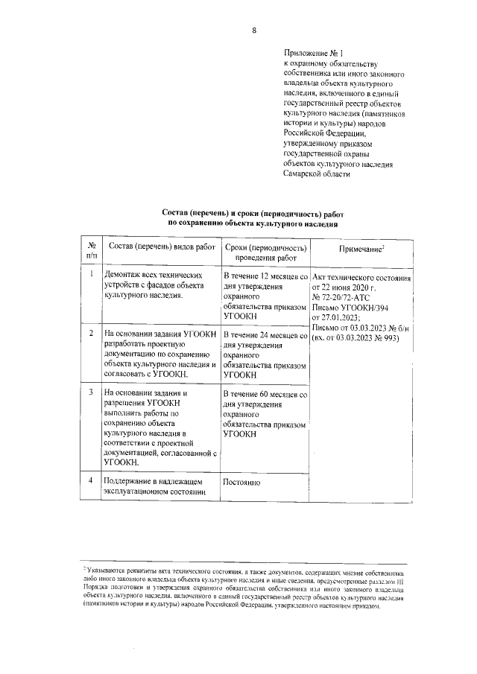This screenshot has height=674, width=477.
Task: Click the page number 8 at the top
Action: tap(253, 31)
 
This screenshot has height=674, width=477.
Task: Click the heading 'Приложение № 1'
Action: tap(314, 54)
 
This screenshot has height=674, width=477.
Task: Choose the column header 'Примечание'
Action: tap(361, 247)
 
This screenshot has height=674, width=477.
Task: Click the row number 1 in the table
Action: tap(90, 274)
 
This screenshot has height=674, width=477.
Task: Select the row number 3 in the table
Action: tap(90, 392)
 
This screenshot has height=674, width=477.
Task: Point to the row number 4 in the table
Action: tap(90, 480)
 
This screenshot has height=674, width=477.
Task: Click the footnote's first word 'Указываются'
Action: tap(110, 569)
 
